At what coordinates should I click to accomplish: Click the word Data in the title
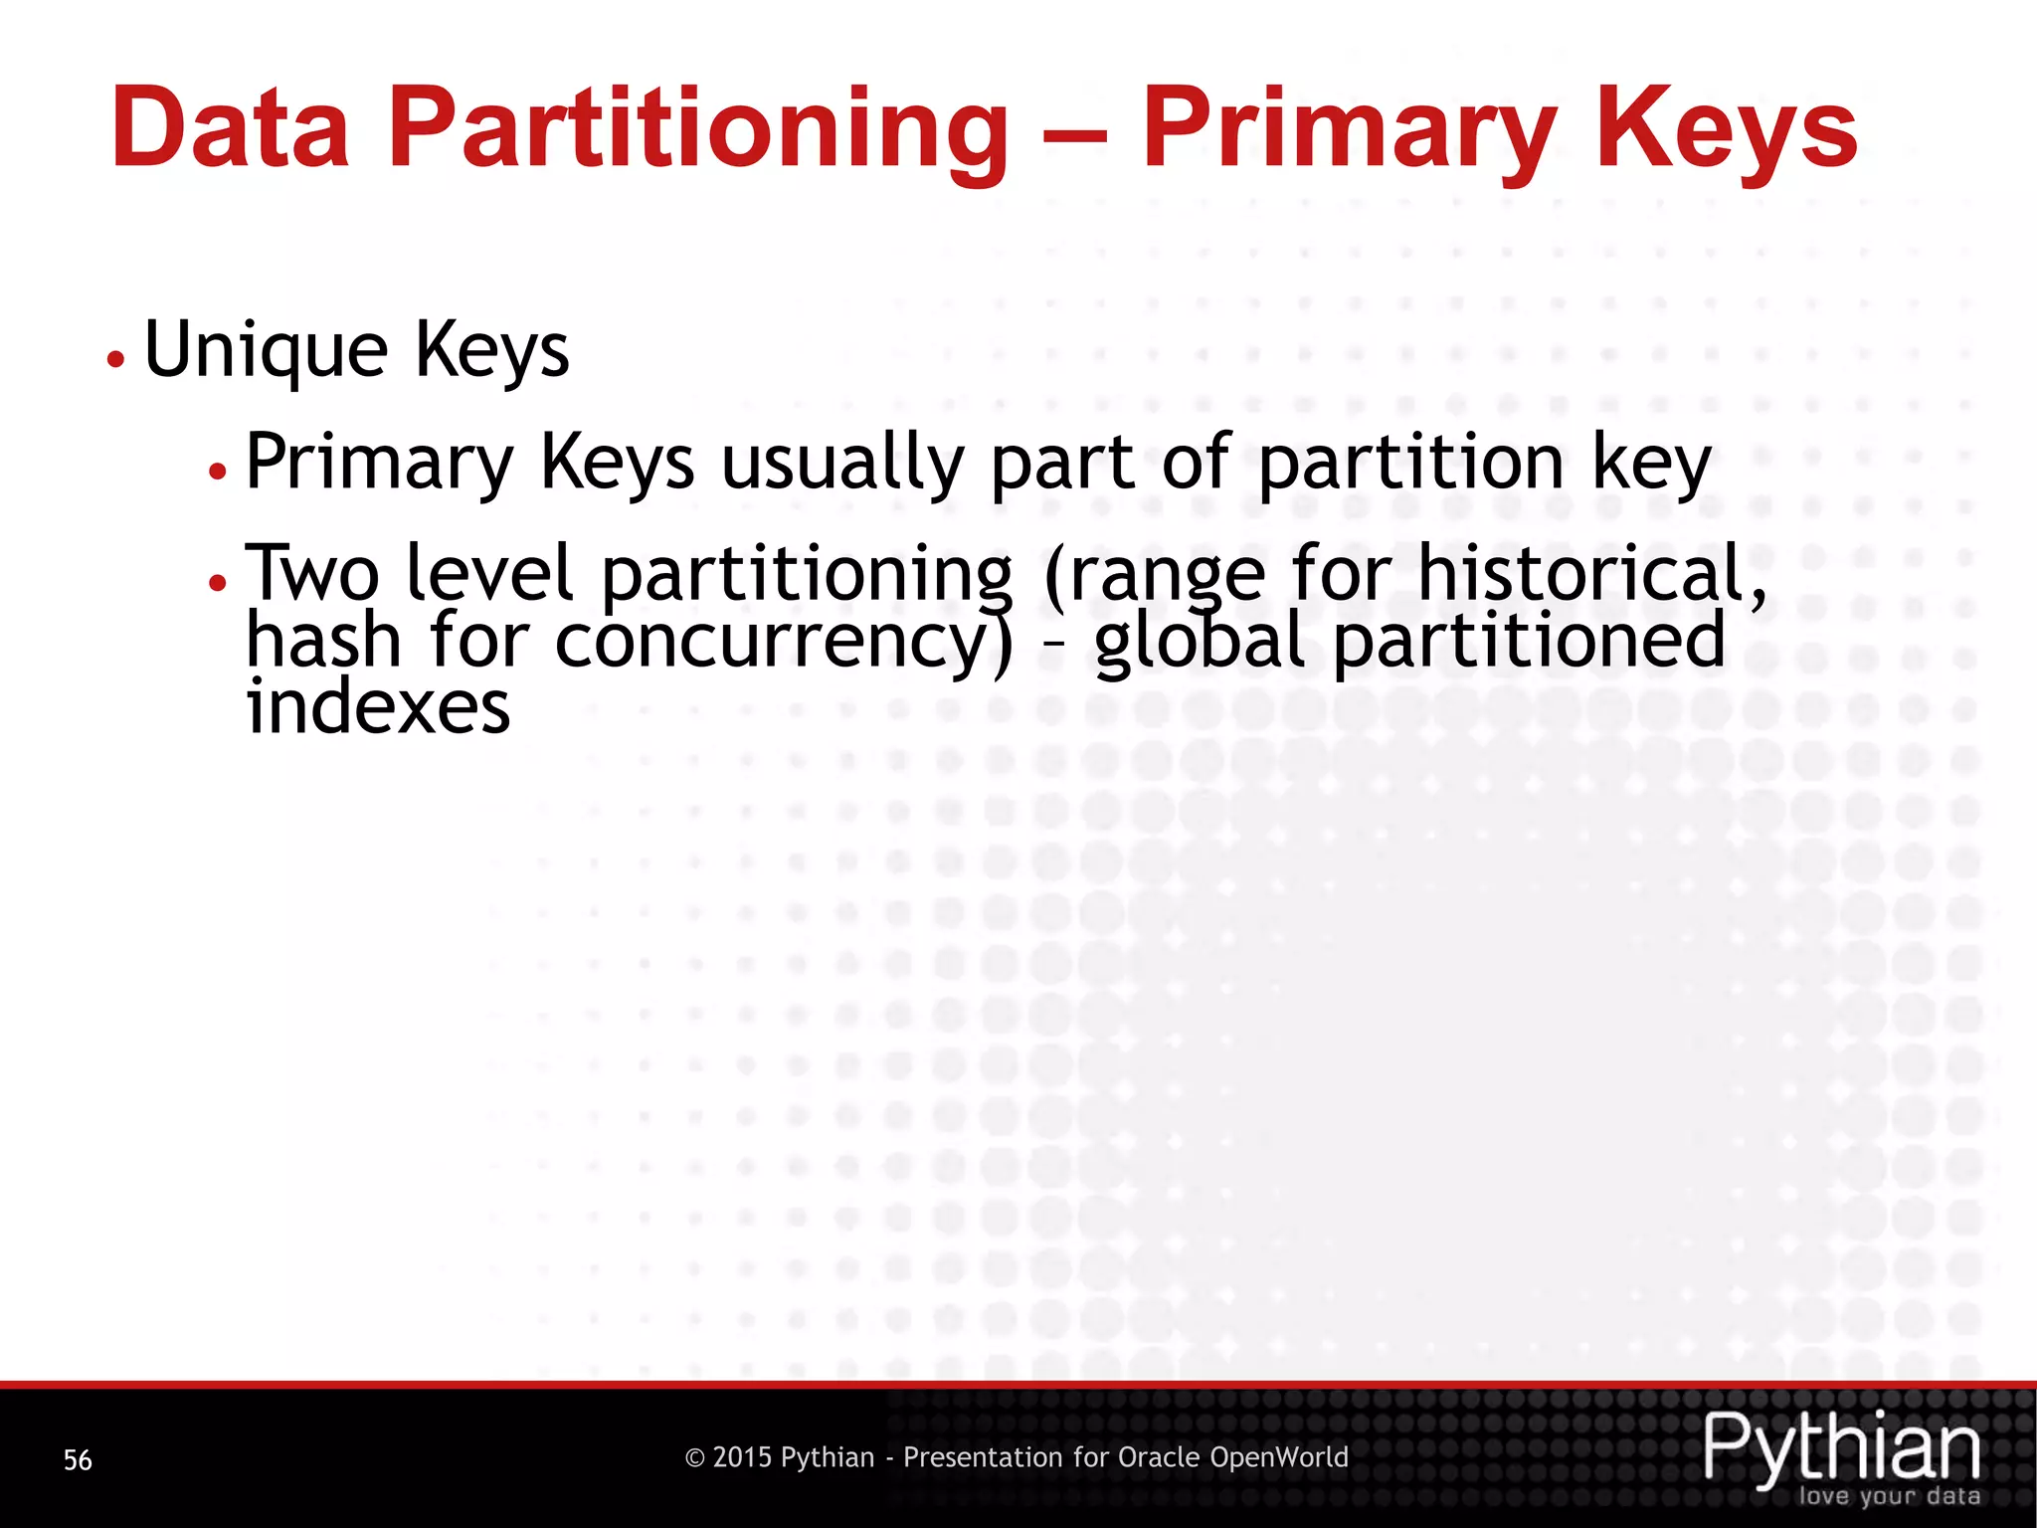[230, 129]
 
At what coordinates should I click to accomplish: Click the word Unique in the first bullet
[267, 351]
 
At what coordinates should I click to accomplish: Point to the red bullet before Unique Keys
[116, 359]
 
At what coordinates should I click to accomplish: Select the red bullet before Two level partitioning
[218, 582]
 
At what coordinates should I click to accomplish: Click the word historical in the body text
[1591, 574]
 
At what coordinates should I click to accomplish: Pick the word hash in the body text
[324, 641]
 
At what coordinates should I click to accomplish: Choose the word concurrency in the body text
[785, 643]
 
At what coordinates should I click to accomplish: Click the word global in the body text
[1200, 643]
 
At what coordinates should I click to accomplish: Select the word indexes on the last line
[378, 707]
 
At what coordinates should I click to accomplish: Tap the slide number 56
[78, 1460]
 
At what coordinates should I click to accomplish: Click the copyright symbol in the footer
[695, 1458]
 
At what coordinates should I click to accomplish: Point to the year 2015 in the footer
[741, 1458]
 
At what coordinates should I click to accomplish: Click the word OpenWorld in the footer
[1279, 1458]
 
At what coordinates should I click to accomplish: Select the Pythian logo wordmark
[1842, 1448]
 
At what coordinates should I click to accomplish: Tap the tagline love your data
[1889, 1496]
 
